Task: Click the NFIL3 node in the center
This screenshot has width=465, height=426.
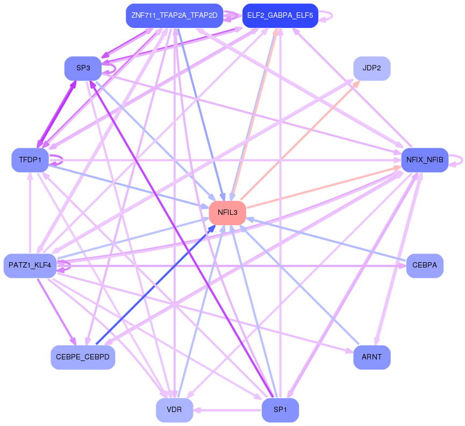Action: point(227,213)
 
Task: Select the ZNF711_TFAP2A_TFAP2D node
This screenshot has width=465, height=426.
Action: point(174,16)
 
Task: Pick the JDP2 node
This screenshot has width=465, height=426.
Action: point(371,68)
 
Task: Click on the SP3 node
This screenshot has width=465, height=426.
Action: point(83,68)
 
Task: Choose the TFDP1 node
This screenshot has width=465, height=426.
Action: point(30,160)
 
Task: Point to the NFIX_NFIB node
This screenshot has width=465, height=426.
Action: point(425,160)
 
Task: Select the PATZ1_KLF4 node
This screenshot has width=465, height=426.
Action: point(30,265)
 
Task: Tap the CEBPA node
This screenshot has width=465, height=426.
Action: point(425,265)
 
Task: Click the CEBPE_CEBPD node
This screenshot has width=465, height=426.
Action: point(83,357)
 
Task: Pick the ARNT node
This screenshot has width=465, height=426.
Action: point(371,357)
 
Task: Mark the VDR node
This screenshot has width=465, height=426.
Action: point(174,410)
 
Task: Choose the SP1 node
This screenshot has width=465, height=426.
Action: point(280,410)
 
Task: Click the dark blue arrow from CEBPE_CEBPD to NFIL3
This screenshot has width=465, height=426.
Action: point(156,285)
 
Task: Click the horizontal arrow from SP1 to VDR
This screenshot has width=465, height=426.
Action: point(228,410)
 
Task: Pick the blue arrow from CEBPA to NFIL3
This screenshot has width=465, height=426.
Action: point(323,239)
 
